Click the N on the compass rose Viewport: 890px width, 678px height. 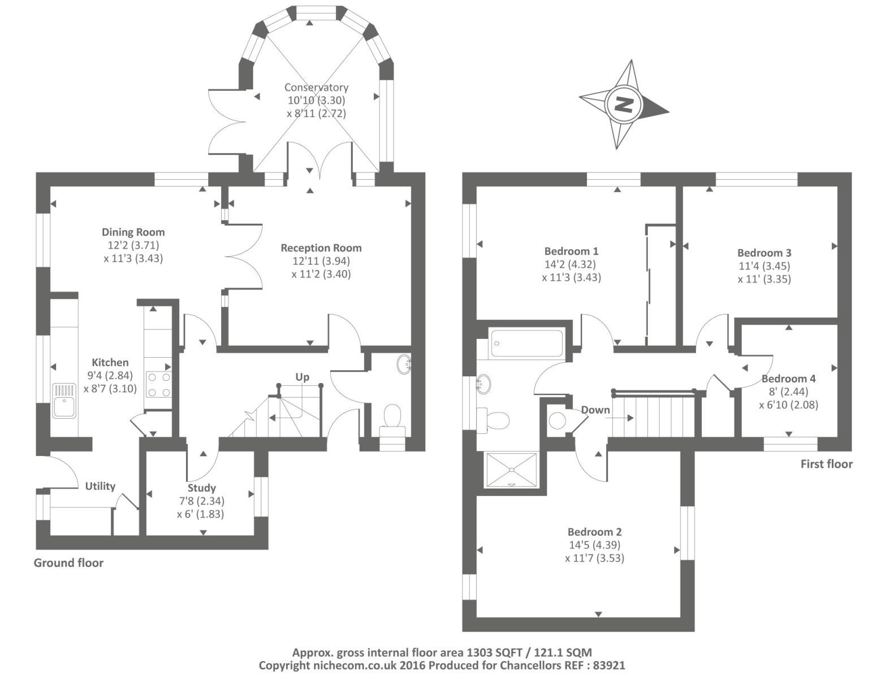pyautogui.click(x=624, y=105)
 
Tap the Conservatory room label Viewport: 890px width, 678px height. pyautogui.click(x=316, y=87)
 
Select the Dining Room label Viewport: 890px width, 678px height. pyautogui.click(x=133, y=232)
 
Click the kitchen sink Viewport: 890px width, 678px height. pyautogui.click(x=64, y=401)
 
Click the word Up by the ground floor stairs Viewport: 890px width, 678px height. pyautogui.click(x=302, y=377)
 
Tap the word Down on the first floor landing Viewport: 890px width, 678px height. pyautogui.click(x=595, y=410)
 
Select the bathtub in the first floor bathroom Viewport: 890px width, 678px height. pyautogui.click(x=527, y=344)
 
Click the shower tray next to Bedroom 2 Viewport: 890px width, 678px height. pyautogui.click(x=512, y=470)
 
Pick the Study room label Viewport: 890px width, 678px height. pyautogui.click(x=201, y=488)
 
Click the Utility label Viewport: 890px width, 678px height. pyautogui.click(x=100, y=486)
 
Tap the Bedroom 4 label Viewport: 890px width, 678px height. pyautogui.click(x=789, y=379)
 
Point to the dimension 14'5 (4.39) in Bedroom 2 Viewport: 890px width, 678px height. pyautogui.click(x=594, y=545)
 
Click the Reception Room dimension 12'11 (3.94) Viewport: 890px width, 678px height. pyautogui.click(x=321, y=261)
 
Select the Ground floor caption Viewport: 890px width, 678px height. pyautogui.click(x=68, y=563)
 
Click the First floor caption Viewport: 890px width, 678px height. pyautogui.click(x=826, y=464)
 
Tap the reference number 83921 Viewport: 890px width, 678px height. pyautogui.click(x=609, y=666)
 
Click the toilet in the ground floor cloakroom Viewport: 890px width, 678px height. pyautogui.click(x=392, y=421)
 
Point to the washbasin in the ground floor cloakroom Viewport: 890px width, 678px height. pyautogui.click(x=403, y=364)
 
